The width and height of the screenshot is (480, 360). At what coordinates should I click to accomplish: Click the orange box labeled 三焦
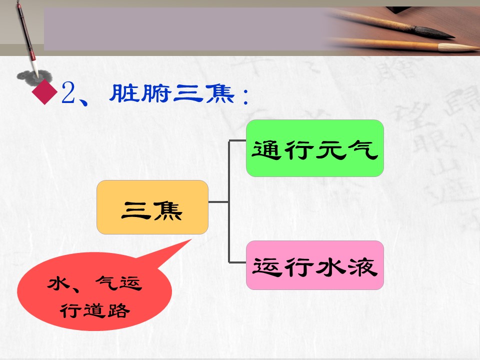152,207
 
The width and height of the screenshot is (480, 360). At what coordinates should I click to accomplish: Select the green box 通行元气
315,148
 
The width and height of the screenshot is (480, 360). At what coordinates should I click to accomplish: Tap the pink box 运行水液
315,265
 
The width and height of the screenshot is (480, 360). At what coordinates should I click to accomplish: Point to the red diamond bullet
44,92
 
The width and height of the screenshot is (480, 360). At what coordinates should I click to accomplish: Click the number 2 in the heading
68,93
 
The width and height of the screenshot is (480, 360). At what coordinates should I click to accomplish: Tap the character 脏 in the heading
124,93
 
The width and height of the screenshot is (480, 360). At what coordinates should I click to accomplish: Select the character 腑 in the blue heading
155,93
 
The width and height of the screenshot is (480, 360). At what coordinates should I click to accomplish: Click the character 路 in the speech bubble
119,310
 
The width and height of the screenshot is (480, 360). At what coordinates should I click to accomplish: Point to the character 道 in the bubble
95,310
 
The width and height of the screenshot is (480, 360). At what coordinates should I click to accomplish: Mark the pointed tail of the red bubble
191,240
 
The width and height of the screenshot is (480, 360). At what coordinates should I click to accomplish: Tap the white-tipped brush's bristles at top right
458,47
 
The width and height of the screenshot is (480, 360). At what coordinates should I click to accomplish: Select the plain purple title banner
186,29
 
